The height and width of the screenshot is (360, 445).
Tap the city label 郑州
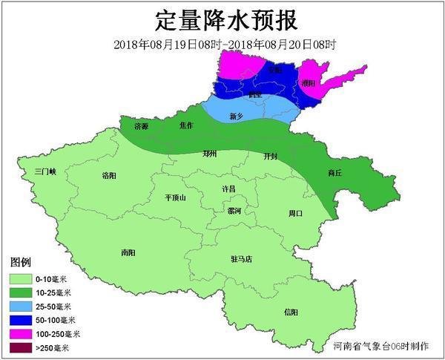coord(210,154)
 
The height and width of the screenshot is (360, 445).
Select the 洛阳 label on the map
coord(108,176)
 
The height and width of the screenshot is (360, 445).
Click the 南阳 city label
coord(128,252)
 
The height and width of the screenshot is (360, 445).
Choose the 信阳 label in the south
coord(290,312)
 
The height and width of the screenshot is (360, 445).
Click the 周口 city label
coord(295,213)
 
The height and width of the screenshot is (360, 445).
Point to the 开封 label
coord(271,157)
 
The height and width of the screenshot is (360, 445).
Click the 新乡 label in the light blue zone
coord(237,117)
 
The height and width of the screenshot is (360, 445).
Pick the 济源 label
coord(141,127)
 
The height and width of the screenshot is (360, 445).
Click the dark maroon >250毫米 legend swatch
coord(21,347)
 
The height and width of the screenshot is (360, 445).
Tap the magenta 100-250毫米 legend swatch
coord(21,333)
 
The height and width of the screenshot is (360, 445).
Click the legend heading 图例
coord(20,264)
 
